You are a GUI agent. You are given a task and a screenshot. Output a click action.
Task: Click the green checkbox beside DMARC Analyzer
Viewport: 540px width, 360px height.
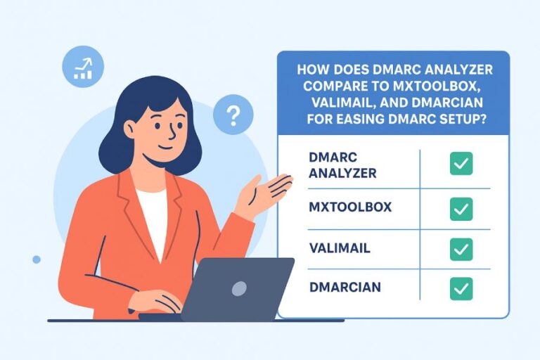click(461, 163)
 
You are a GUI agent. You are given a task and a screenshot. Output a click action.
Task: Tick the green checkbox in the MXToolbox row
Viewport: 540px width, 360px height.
click(461, 208)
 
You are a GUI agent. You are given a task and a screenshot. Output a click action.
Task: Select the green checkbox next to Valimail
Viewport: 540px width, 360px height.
click(461, 248)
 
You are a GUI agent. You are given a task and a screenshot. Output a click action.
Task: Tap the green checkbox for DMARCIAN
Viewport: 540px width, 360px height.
click(461, 288)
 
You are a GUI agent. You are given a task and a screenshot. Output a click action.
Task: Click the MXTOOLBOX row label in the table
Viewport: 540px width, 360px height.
click(349, 208)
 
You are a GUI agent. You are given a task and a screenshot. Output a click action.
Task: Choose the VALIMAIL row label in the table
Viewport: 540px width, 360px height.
click(339, 248)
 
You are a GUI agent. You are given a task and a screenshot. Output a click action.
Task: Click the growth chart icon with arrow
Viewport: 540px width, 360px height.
click(83, 67)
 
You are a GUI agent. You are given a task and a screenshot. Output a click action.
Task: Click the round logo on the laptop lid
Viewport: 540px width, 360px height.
click(240, 288)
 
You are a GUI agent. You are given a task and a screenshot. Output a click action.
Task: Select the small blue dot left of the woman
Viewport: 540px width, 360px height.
click(37, 259)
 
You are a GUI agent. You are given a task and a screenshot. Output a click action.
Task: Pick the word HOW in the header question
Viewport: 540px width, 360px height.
click(311, 70)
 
